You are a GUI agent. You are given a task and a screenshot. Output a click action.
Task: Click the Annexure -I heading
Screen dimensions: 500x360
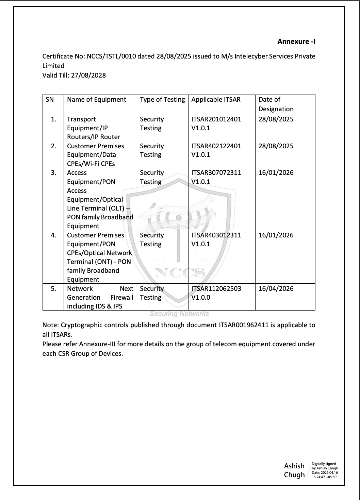tap(296, 41)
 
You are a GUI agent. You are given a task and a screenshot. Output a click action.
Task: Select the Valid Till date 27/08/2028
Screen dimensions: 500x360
tap(88, 75)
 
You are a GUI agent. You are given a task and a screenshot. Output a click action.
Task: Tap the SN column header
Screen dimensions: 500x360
tap(50, 100)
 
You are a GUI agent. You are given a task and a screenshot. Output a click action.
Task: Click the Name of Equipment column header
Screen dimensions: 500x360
tap(97, 100)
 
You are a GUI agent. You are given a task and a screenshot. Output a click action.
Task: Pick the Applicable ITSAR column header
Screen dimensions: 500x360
tap(216, 100)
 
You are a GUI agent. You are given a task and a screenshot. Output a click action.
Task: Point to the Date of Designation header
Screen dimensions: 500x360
tap(276, 104)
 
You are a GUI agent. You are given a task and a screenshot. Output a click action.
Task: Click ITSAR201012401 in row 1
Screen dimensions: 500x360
tap(216, 119)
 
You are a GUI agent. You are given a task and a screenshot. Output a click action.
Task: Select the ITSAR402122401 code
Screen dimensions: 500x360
tap(216, 146)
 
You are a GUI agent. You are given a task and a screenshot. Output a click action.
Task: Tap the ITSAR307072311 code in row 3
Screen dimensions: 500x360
tap(216, 172)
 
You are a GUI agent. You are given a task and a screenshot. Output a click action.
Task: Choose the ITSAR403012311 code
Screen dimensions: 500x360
tap(216, 235)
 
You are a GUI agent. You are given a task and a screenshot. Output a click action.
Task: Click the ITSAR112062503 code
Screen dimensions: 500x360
tap(216, 288)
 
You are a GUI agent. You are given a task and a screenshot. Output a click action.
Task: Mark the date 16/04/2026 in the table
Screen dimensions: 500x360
tap(276, 288)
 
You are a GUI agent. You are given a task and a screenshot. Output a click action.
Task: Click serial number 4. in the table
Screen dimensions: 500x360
tap(53, 235)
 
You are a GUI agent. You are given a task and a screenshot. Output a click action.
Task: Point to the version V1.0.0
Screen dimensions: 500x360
tap(201, 297)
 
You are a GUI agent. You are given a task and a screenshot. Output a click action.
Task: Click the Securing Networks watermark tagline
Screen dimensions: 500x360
tap(179, 314)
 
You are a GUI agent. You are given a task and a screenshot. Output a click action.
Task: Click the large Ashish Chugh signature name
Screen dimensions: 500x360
tap(294, 470)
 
